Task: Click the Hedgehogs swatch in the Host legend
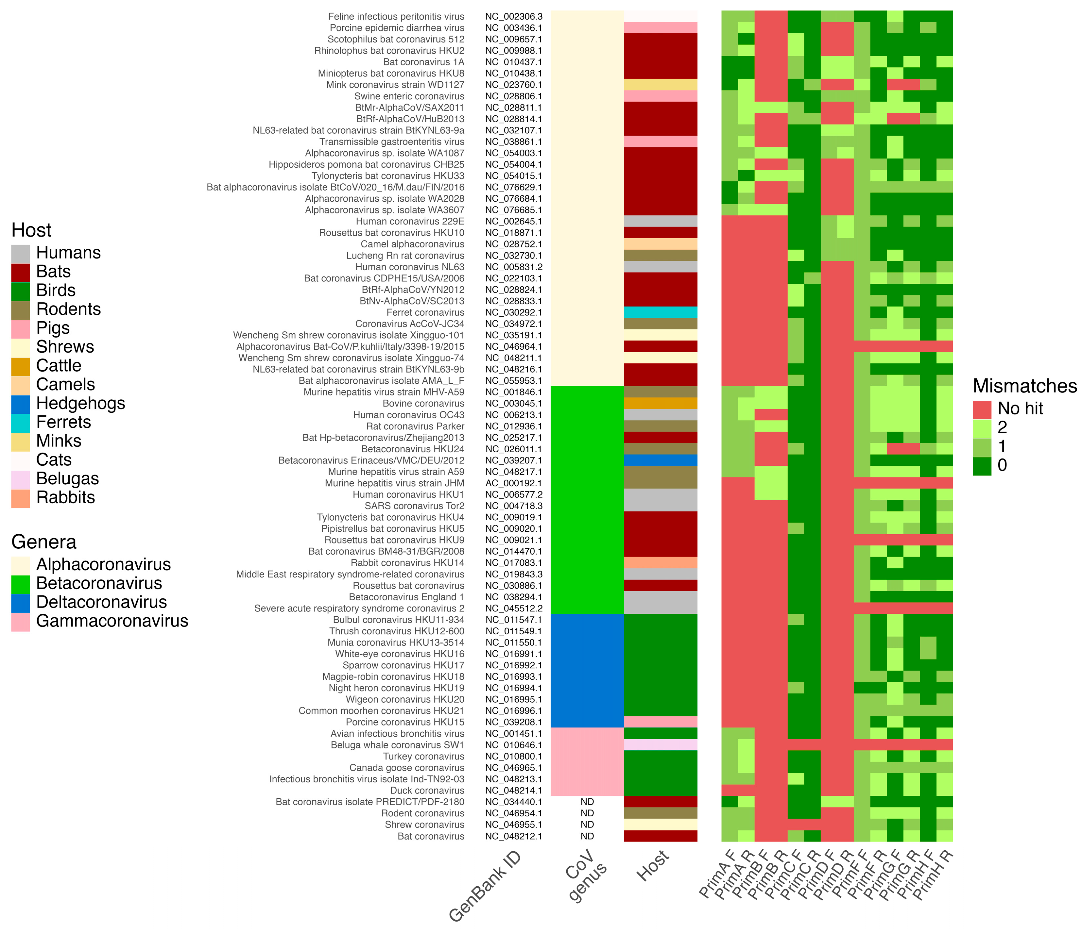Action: pyautogui.click(x=20, y=404)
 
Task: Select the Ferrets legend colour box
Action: pyautogui.click(x=20, y=423)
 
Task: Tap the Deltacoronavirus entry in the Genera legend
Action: pyautogui.click(x=20, y=602)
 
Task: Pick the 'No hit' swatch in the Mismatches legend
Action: pyautogui.click(x=982, y=409)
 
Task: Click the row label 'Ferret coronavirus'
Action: pyautogui.click(x=425, y=312)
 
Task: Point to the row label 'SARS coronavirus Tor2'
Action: pyautogui.click(x=414, y=506)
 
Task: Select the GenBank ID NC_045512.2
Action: pyautogui.click(x=513, y=609)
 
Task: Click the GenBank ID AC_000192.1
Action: pyautogui.click(x=513, y=483)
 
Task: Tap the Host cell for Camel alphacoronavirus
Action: pyautogui.click(x=661, y=244)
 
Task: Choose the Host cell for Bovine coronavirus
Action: pyautogui.click(x=661, y=404)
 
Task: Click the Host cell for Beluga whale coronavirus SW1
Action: pyautogui.click(x=661, y=745)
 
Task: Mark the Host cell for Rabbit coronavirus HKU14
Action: pyautogui.click(x=661, y=563)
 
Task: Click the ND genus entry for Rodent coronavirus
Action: pyautogui.click(x=587, y=813)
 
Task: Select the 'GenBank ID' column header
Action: pyautogui.click(x=485, y=887)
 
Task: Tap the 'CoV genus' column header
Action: pyautogui.click(x=587, y=876)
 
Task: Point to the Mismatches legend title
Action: pyautogui.click(x=1025, y=386)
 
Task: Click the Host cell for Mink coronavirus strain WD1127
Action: pyautogui.click(x=661, y=85)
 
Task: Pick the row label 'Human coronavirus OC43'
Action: pyautogui.click(x=408, y=415)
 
